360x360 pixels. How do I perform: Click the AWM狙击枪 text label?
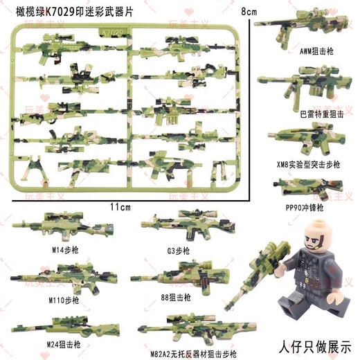click(x=305, y=50)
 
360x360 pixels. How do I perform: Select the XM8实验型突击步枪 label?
click(x=305, y=166)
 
